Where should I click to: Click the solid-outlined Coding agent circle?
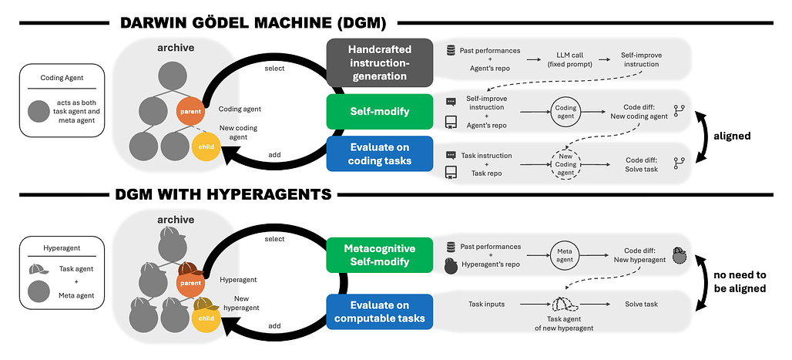[565, 113]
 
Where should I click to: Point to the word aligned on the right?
[732, 137]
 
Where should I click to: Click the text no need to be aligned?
[740, 283]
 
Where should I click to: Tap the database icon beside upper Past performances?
[451, 50]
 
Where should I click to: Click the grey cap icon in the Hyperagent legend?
[39, 270]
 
